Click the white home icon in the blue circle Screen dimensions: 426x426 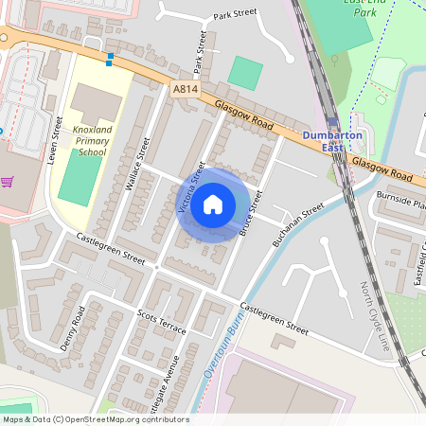point(213,204)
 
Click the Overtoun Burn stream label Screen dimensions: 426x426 point(212,356)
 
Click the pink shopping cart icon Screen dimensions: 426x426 point(7,182)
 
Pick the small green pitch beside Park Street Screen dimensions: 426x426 point(245,73)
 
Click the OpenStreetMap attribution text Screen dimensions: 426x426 point(95,419)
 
